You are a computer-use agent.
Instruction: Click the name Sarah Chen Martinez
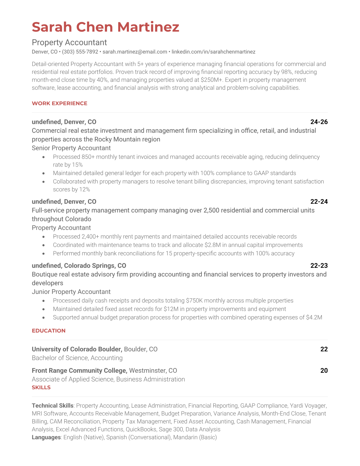coord(105,27)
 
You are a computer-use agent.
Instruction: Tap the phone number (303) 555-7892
coord(80,52)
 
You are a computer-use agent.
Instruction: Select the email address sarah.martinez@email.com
coord(135,52)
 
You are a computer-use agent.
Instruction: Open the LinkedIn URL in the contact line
coord(213,52)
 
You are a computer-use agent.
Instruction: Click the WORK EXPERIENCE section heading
coord(59,103)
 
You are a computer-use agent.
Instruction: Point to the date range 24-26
coord(319,122)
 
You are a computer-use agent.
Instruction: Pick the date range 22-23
coord(319,265)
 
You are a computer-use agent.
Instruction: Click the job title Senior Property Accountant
coord(71,148)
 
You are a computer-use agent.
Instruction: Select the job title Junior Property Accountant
coord(71,292)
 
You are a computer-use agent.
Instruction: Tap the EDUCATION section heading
coord(49,331)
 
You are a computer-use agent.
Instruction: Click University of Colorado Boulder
coord(77,349)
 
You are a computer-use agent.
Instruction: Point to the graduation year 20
coord(324,370)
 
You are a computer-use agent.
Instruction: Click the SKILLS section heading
coord(41,387)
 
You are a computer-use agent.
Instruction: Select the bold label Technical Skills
coord(52,406)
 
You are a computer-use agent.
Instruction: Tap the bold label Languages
coord(46,437)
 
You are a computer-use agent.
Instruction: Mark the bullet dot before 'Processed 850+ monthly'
coord(44,157)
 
